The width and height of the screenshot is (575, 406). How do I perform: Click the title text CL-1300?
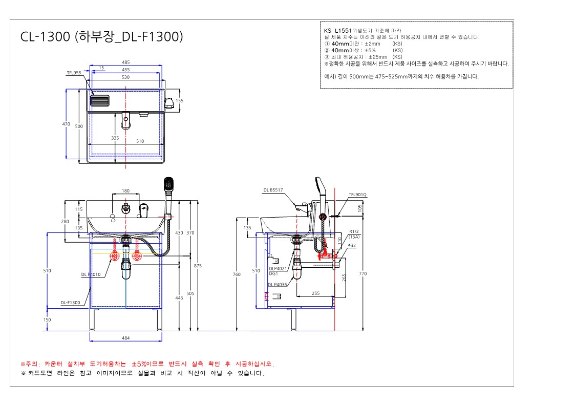tap(45, 37)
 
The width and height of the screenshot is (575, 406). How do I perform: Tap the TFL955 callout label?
tap(74, 73)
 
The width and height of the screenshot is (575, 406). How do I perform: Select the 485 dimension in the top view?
tap(126, 62)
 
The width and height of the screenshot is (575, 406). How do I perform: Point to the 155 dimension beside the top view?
tap(179, 100)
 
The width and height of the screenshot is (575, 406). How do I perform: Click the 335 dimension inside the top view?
tap(115, 138)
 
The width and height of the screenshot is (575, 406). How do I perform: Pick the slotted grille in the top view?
tap(100, 100)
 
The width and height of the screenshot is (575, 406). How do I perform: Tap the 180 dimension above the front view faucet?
tap(125, 191)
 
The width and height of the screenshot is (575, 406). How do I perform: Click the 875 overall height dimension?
tap(198, 266)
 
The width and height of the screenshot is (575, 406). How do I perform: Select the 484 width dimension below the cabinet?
tap(126, 338)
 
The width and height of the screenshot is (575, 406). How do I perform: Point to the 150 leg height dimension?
tap(47, 320)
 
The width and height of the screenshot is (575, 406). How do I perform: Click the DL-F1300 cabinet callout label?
tap(71, 303)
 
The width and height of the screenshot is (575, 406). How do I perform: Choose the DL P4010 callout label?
tap(91, 274)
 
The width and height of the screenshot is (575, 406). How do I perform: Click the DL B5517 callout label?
tap(273, 190)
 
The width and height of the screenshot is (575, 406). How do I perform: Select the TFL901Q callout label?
tap(357, 195)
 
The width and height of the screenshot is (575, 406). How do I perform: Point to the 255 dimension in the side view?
tap(316, 293)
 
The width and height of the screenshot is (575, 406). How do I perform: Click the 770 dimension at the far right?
tap(363, 273)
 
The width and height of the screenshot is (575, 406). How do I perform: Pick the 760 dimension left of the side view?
tap(237, 274)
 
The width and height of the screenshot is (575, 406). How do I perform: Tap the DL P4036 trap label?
tap(278, 285)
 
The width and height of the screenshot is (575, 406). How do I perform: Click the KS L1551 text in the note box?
tap(338, 30)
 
